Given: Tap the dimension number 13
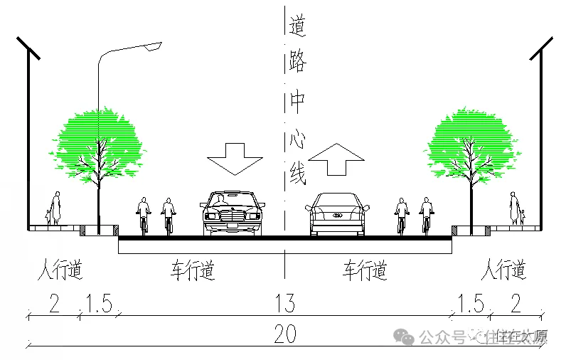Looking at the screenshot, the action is [x=284, y=304].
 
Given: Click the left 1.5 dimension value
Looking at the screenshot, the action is [x=99, y=304].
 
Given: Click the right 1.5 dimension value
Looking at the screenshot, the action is [x=471, y=304].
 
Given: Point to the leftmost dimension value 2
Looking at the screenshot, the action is [x=54, y=304].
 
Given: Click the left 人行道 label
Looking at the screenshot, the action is [x=60, y=271].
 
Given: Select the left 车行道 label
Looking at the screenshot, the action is [x=192, y=271].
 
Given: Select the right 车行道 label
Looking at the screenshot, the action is [x=365, y=271].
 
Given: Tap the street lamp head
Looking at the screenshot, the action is [x=152, y=46].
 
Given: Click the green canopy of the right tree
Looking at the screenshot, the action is [x=469, y=142].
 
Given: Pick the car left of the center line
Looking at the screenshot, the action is [x=233, y=213].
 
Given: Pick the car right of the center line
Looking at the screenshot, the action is [x=338, y=213].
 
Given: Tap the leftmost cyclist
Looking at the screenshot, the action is [x=144, y=216].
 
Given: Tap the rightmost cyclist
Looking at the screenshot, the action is [x=427, y=216].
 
